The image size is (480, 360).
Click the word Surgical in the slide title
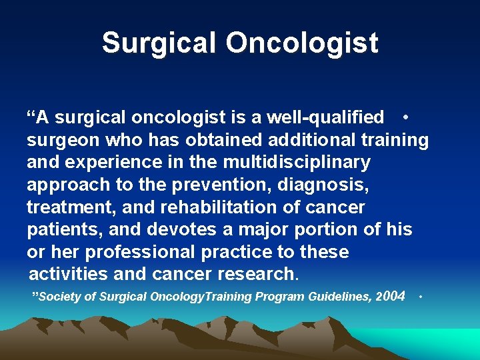(159, 43)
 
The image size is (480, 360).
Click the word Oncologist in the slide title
(302, 43)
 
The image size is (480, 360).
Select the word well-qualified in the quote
(325, 117)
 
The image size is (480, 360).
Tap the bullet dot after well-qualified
(406, 117)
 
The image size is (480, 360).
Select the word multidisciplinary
(297, 162)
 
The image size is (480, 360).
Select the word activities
(69, 274)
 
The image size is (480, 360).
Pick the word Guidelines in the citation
(337, 297)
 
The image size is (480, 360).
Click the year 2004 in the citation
(391, 296)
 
